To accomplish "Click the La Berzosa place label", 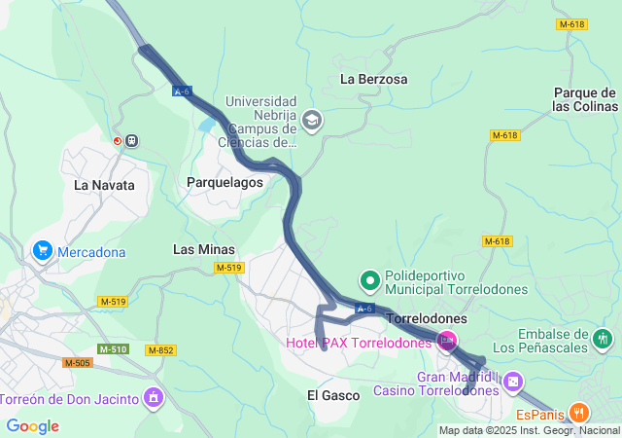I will (373, 79).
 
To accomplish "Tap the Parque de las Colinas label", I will (585, 99).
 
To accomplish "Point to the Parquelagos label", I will (225, 182).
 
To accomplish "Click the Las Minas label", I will (203, 249).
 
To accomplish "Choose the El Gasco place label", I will (333, 395).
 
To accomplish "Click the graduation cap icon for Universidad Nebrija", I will (312, 121).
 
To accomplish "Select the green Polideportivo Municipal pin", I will (369, 281).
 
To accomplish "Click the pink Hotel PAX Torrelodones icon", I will (447, 341).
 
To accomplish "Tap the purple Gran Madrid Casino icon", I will (513, 381).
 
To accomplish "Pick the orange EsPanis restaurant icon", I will (579, 412).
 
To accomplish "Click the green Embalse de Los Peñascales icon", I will (604, 339).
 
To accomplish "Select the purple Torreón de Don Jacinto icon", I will (153, 396).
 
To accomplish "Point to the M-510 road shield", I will (113, 348).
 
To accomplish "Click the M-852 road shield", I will (160, 349).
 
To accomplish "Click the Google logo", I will (32, 426).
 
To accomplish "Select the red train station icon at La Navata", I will (119, 140).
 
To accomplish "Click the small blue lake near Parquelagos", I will (207, 125).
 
